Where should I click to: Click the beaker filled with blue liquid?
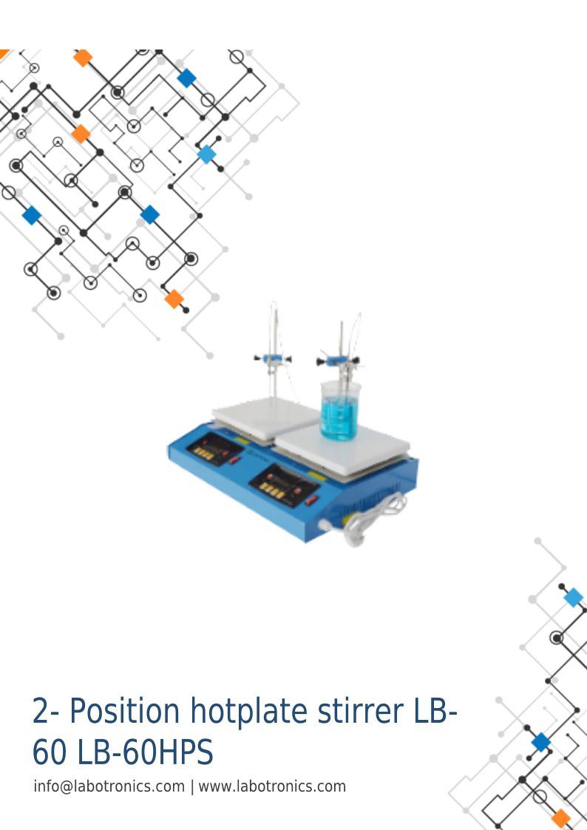[340, 410]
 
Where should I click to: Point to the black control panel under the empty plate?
[214, 449]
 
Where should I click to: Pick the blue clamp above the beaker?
[337, 361]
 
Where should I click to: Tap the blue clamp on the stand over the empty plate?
[272, 359]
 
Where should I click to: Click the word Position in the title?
[125, 711]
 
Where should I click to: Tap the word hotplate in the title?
[249, 711]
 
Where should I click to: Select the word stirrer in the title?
[361, 711]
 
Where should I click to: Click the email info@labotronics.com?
[109, 786]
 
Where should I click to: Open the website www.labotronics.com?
[272, 786]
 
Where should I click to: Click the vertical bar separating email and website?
[192, 787]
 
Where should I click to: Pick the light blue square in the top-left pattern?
[206, 154]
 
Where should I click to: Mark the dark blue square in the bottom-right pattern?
[541, 742]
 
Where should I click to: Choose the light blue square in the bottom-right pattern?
[574, 598]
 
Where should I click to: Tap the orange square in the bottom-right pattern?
[560, 818]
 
